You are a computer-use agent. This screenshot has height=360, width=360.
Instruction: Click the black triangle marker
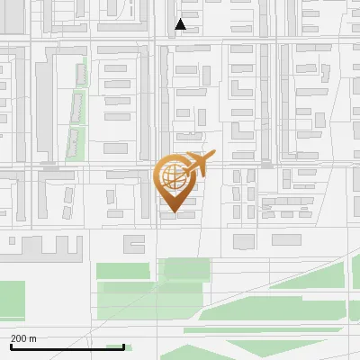coord(181,24)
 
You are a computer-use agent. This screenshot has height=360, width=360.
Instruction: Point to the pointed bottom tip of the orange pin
coord(173,213)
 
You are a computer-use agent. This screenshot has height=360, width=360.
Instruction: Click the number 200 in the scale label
coord(19,338)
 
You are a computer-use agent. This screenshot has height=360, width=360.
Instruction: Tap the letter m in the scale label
coord(32,338)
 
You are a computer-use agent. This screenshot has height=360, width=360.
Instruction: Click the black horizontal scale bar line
coord(67,346)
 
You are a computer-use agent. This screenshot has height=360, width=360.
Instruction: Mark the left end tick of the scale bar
coord(11,344)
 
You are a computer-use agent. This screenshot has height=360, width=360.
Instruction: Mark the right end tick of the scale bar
coord(123,344)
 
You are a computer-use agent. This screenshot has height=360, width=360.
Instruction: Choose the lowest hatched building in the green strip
coord(73,141)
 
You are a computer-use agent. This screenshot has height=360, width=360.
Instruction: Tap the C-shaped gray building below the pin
coord(133,242)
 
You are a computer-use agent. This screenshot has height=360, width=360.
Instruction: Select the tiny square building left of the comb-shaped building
coord(7,244)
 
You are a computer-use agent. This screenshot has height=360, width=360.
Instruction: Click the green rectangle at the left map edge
coord(11,295)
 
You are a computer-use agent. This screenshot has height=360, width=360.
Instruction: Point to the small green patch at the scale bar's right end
coord(115,346)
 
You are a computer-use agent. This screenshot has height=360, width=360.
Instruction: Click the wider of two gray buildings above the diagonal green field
coord(244,241)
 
